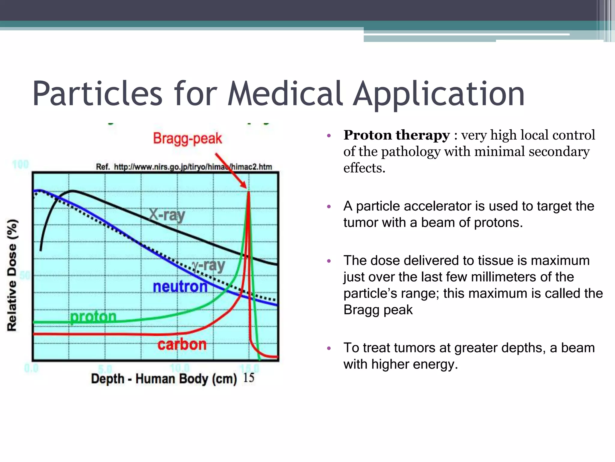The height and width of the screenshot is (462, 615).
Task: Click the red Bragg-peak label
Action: coord(187,139)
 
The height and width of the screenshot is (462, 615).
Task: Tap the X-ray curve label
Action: coord(167,215)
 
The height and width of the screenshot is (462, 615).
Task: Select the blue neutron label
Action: coord(180,286)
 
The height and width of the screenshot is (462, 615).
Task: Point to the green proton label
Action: coord(93,316)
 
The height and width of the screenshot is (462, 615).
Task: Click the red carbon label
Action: coord(182,344)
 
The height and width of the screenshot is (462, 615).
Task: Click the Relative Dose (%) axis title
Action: coord(12,275)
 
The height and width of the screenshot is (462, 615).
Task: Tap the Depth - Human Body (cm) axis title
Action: coord(164,378)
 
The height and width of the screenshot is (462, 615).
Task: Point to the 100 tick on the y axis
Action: coord(20,165)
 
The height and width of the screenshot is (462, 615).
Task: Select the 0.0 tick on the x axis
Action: coord(31,368)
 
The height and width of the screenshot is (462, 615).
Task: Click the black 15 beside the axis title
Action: coord(249,378)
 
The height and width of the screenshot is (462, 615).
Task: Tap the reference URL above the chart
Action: coord(184,167)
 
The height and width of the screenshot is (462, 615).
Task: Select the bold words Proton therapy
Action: coord(396,135)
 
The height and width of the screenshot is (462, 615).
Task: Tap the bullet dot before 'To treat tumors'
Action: coord(329,349)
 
